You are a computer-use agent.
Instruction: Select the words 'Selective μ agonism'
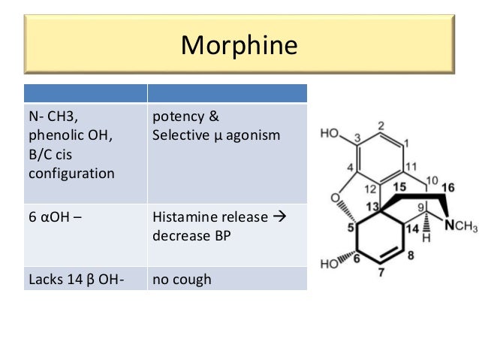tap(215, 136)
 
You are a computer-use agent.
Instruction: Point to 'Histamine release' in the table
tap(209, 217)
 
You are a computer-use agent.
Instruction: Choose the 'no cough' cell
tap(182, 280)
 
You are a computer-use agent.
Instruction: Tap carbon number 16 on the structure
tap(447, 186)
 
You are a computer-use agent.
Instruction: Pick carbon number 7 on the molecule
tap(381, 273)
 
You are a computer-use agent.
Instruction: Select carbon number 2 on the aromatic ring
tap(381, 126)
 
